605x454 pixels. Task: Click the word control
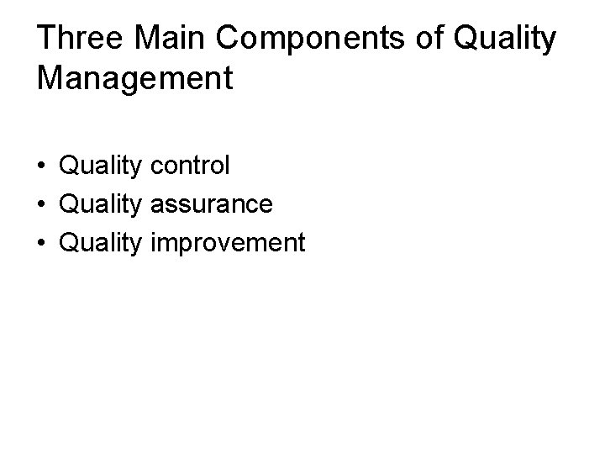pos(190,165)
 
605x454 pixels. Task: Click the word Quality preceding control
pos(102,166)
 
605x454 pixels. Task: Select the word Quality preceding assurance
pos(102,204)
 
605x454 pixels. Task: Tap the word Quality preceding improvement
pos(102,243)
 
